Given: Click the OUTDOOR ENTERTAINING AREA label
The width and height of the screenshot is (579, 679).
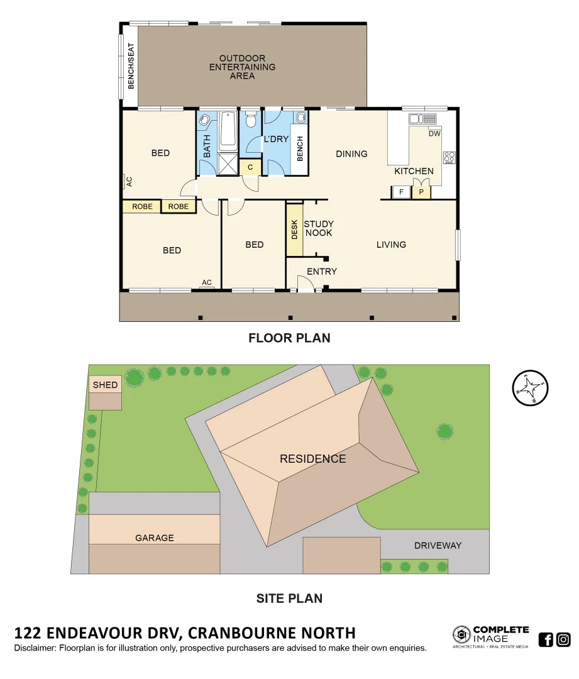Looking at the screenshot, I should click(242, 67).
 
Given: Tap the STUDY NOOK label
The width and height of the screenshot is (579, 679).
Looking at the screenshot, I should click(318, 228).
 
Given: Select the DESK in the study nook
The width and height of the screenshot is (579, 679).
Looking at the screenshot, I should click(294, 230).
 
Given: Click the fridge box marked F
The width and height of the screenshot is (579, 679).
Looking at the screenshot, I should click(400, 192).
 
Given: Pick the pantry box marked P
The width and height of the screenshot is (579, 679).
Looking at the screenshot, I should click(421, 192).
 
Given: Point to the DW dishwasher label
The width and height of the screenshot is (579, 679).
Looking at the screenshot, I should click(434, 134).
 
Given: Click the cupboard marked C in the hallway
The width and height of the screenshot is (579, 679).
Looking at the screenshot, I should click(250, 167).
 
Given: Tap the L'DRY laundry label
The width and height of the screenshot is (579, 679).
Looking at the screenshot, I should click(275, 139).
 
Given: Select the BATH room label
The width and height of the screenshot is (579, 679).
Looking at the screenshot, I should click(207, 146).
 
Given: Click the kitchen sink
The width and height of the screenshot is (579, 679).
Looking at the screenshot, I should click(422, 119).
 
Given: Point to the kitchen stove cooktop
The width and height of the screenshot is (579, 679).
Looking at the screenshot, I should click(449, 157).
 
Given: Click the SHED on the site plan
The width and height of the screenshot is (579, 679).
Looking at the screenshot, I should click(105, 385).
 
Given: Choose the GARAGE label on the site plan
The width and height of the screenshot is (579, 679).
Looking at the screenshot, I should click(155, 538).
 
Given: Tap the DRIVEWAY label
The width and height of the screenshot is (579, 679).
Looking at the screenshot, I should click(438, 545).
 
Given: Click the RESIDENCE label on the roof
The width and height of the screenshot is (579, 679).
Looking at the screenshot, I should click(312, 458).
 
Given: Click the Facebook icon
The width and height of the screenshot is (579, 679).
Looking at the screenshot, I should click(546, 639).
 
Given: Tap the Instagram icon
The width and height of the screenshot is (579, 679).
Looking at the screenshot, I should click(563, 639).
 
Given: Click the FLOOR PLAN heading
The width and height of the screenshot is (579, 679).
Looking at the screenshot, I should click(289, 338).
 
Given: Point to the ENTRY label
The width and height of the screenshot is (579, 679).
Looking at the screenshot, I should click(321, 272).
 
